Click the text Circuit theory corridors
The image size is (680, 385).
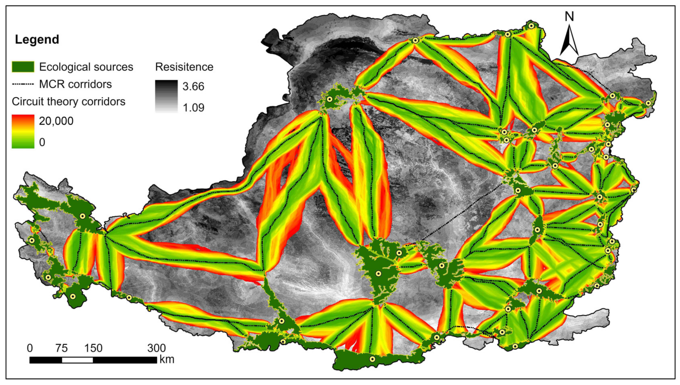point(69,101)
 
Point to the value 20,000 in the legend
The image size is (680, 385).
point(56,121)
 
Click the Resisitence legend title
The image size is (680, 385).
point(184,67)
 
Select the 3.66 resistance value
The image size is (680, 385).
point(193,86)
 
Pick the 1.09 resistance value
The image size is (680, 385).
point(193,108)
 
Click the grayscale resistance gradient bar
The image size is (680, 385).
point(166,96)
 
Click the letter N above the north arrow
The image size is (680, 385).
point(569,17)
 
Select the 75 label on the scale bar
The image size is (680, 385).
point(61,348)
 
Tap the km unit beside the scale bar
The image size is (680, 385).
point(167,360)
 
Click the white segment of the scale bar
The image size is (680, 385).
point(77,360)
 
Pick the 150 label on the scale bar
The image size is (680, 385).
point(93,348)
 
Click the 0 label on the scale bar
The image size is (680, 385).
point(30,348)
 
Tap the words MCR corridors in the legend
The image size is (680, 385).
point(75,84)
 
